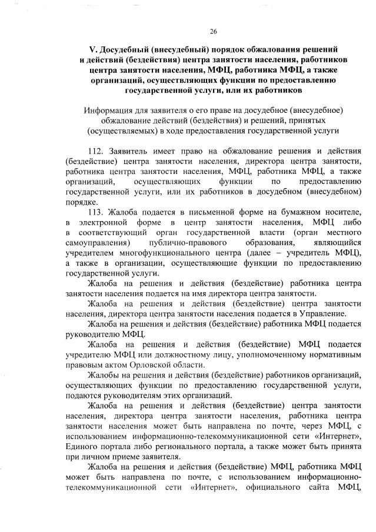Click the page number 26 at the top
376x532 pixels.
[213, 31]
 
